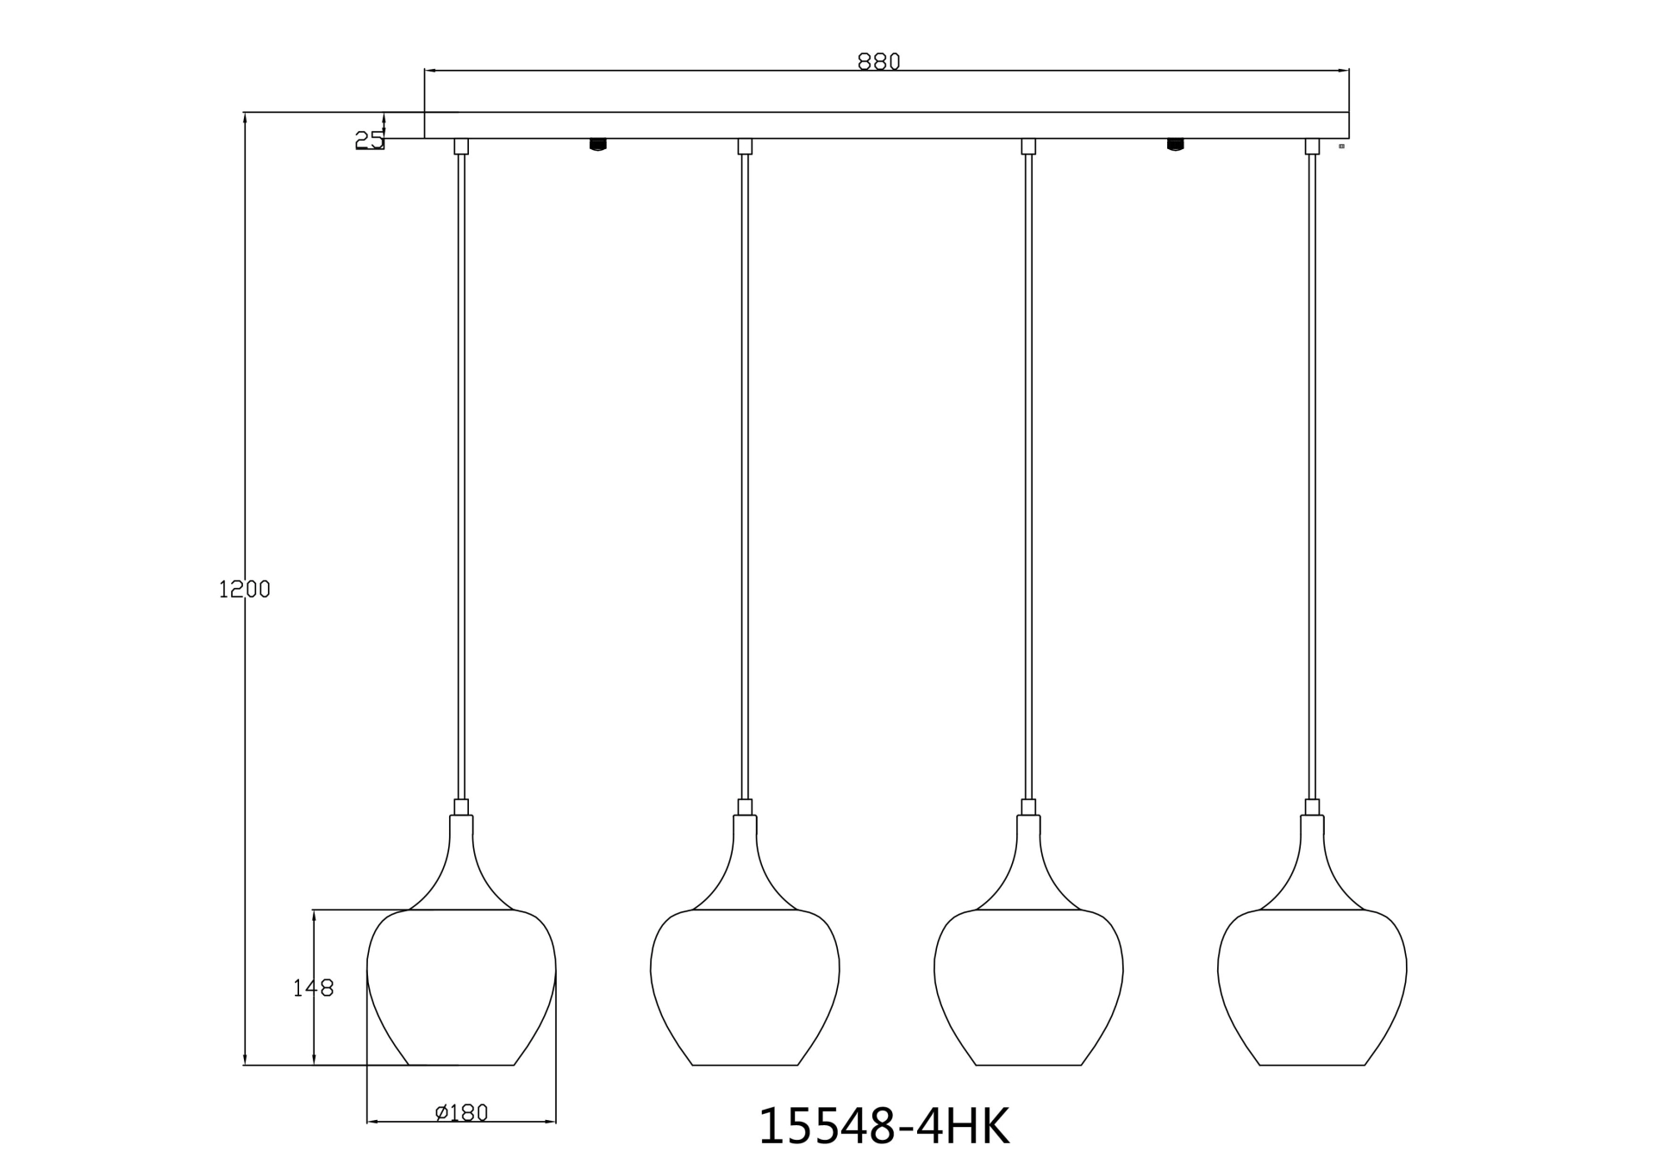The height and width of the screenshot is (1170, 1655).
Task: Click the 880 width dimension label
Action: pyautogui.click(x=878, y=62)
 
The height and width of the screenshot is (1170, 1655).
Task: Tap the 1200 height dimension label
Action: pyautogui.click(x=244, y=590)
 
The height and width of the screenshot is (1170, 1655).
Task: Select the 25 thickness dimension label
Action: pyautogui.click(x=369, y=140)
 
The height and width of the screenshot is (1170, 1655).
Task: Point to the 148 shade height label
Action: pyautogui.click(x=313, y=988)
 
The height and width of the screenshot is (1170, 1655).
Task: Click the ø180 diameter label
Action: pyautogui.click(x=462, y=1113)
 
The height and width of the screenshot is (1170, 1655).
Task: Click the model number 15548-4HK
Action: pyautogui.click(x=884, y=1127)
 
